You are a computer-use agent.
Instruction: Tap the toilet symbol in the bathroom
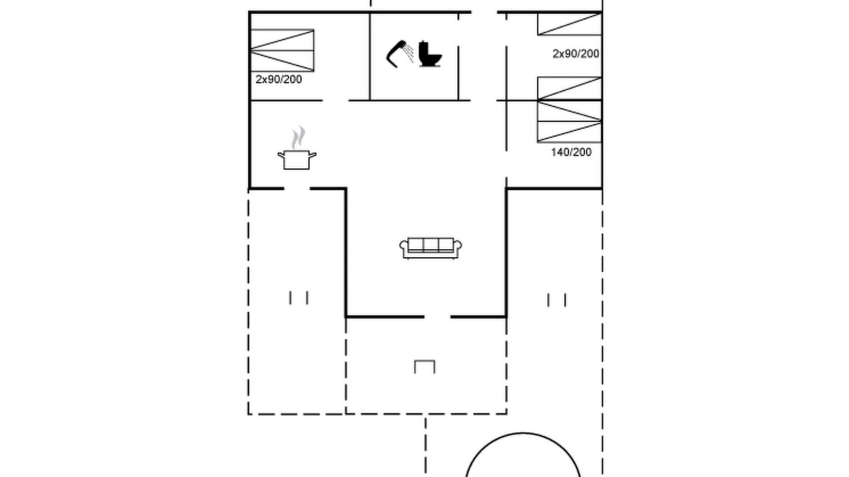tap(430, 54)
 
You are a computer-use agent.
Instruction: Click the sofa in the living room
tap(430, 248)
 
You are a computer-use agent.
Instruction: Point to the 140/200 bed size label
tap(571, 152)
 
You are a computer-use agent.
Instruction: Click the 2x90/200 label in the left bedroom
tap(279, 79)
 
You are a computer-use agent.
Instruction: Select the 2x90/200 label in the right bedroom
tap(576, 54)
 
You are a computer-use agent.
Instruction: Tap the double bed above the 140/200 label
tap(569, 110)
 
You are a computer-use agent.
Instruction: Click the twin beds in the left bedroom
tap(283, 50)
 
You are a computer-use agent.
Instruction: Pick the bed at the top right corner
tap(569, 24)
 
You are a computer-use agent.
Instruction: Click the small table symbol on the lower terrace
tap(425, 366)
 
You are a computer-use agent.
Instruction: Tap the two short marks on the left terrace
tap(298, 297)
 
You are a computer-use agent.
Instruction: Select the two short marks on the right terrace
tap(556, 300)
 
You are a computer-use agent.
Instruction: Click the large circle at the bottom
tap(523, 433)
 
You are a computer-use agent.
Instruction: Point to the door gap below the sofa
tap(437, 317)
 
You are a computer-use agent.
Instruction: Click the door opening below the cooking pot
tap(297, 188)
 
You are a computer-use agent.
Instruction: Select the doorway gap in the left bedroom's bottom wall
tap(336, 100)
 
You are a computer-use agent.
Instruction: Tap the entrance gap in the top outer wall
tap(484, 12)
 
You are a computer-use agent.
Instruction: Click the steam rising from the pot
tap(298, 137)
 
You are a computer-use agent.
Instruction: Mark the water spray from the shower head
tap(409, 53)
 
